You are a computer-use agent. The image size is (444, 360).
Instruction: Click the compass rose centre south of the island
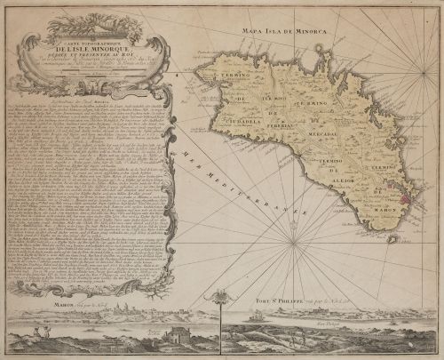294,237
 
